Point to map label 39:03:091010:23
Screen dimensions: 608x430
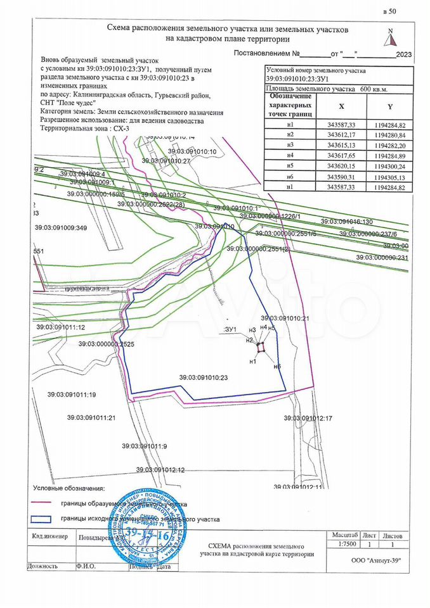click(x=203, y=377)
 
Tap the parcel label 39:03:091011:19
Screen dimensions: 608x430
click(x=71, y=395)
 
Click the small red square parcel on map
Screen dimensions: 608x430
click(x=260, y=346)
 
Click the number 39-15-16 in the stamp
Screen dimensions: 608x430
click(x=147, y=535)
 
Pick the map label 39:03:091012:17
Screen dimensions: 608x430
click(x=308, y=418)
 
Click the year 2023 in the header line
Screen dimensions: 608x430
click(x=403, y=55)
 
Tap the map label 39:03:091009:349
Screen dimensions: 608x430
click(x=63, y=227)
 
